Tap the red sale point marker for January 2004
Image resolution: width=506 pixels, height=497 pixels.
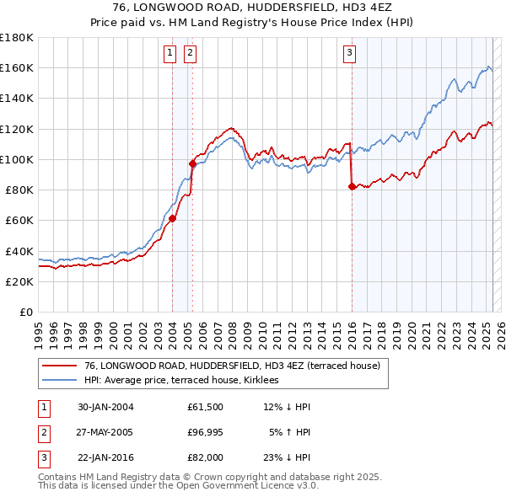[172, 218]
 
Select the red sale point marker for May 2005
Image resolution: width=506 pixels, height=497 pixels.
[192, 164]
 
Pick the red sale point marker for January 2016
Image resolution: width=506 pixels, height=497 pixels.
[352, 187]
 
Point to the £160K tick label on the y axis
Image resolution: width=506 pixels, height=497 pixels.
[17, 67]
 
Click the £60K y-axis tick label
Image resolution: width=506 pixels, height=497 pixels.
[19, 220]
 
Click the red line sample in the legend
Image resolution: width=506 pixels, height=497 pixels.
[58, 366]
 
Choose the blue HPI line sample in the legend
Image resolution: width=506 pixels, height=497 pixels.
[58, 381]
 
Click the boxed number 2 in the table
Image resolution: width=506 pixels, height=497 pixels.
[43, 432]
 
